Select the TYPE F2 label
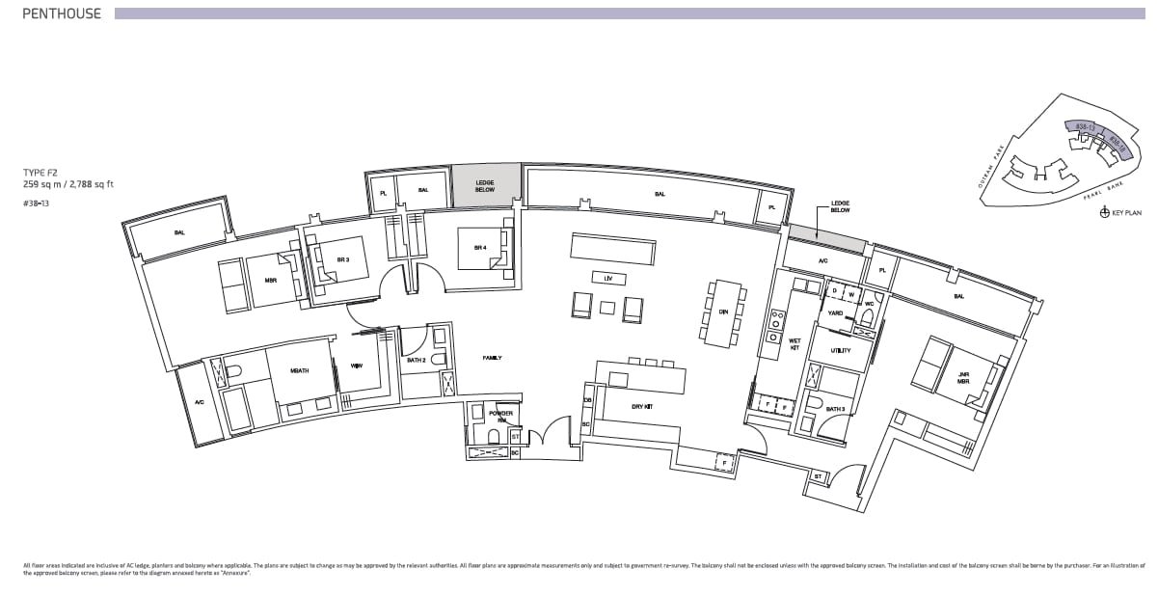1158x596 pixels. pos(41,173)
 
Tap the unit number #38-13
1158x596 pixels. pos(39,203)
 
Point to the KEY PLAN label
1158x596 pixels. pos(1125,213)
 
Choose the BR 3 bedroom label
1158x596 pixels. pos(342,259)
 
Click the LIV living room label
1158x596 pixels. pos(607,278)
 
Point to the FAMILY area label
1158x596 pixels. pos(493,358)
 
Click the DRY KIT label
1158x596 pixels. pos(643,406)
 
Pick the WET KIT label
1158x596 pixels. pos(794,344)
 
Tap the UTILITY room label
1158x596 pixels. pos(840,350)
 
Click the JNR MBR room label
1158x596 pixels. pos(962,377)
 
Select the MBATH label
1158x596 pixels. pos(299,370)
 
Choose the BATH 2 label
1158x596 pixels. pos(417,360)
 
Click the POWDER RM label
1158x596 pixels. pos(501,417)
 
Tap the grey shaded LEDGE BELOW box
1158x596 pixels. pos(485,185)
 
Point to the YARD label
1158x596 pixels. pos(835,312)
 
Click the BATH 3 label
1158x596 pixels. pos(836,409)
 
